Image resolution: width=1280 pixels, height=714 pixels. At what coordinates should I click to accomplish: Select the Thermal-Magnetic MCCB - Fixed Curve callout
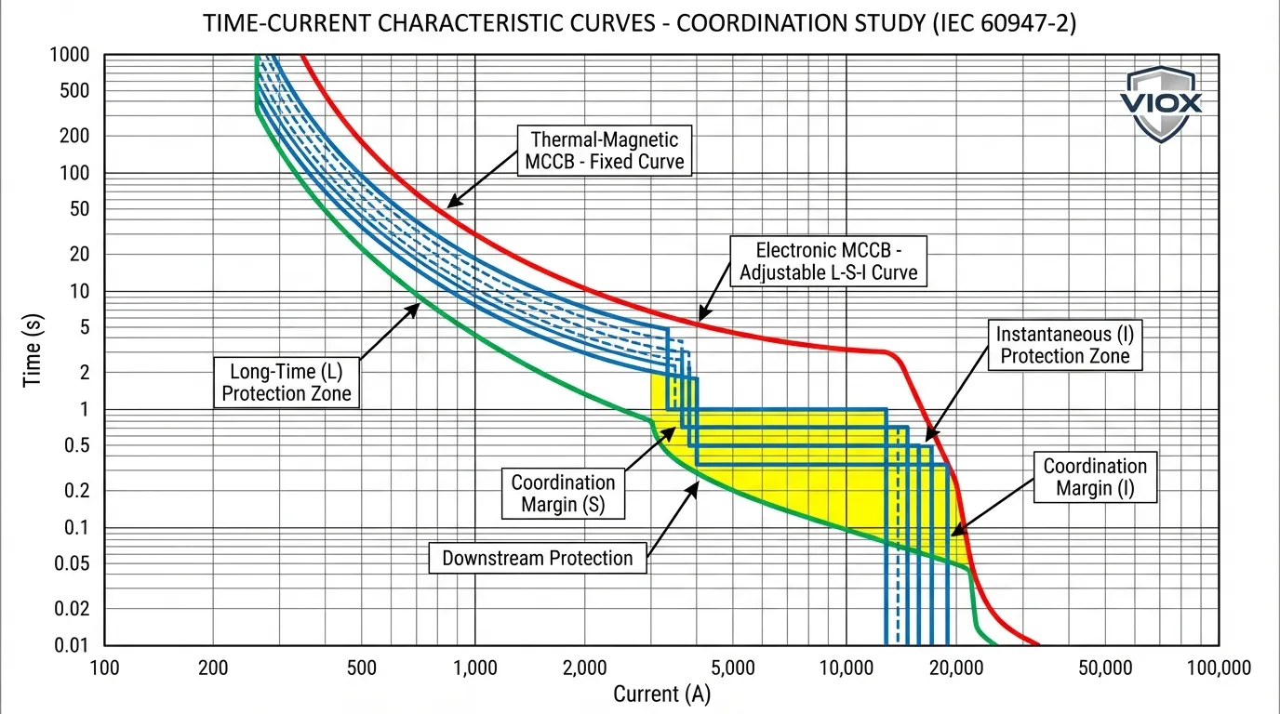[605, 151]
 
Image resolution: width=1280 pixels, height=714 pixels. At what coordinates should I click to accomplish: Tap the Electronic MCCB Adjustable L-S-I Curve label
[828, 261]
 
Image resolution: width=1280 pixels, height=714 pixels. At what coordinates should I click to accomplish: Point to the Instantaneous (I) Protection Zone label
[1063, 345]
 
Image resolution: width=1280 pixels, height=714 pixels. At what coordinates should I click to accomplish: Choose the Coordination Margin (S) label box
[563, 494]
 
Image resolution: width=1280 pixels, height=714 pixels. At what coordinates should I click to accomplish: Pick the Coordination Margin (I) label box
[1095, 477]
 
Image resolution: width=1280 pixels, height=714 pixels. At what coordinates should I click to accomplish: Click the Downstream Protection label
[537, 559]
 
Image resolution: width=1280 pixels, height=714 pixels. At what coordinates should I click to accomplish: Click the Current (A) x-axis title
[661, 694]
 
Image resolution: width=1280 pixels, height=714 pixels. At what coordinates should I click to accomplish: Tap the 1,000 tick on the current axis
[474, 667]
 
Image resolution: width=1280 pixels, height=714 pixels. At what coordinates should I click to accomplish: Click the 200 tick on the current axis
[214, 667]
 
